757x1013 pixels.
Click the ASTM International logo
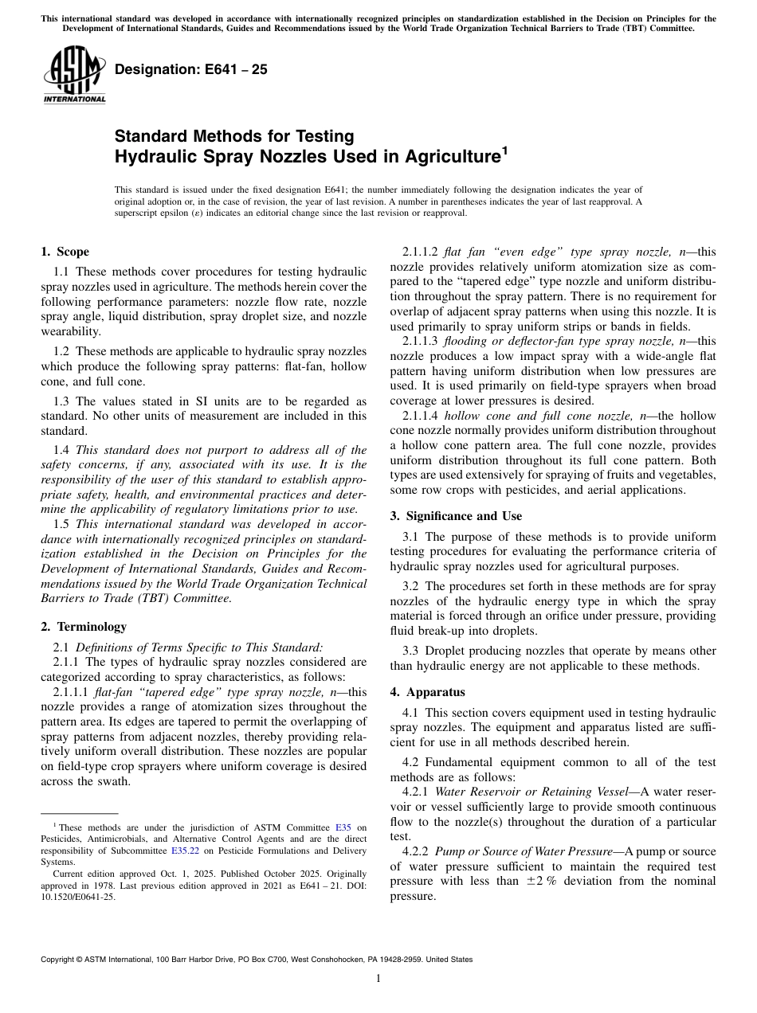click(74, 74)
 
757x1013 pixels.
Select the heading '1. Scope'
click(65, 252)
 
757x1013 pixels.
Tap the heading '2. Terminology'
click(83, 627)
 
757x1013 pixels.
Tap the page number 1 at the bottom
click(378, 979)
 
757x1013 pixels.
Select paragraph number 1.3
click(62, 401)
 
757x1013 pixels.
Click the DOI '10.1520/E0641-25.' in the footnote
click(77, 896)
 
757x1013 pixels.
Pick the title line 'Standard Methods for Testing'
click(234, 136)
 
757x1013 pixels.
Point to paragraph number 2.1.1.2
click(420, 252)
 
